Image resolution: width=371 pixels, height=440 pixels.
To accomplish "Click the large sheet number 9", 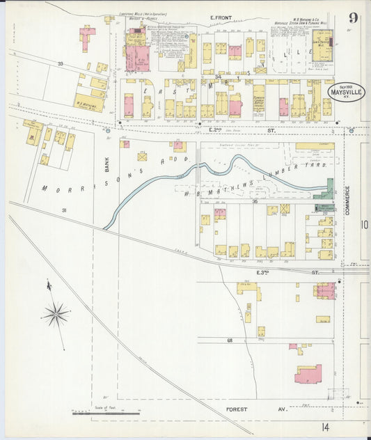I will pyautogui.click(x=354, y=18).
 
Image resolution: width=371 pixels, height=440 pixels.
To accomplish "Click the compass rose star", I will pyautogui.click(x=55, y=314).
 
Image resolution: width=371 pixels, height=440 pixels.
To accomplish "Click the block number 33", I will pyautogui.click(x=61, y=64).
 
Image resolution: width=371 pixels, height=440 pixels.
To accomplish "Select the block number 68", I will pyautogui.click(x=229, y=340).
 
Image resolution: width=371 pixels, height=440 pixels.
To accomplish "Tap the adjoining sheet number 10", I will pyautogui.click(x=364, y=224).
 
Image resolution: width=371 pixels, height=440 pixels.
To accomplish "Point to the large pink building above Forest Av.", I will pyautogui.click(x=308, y=374).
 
